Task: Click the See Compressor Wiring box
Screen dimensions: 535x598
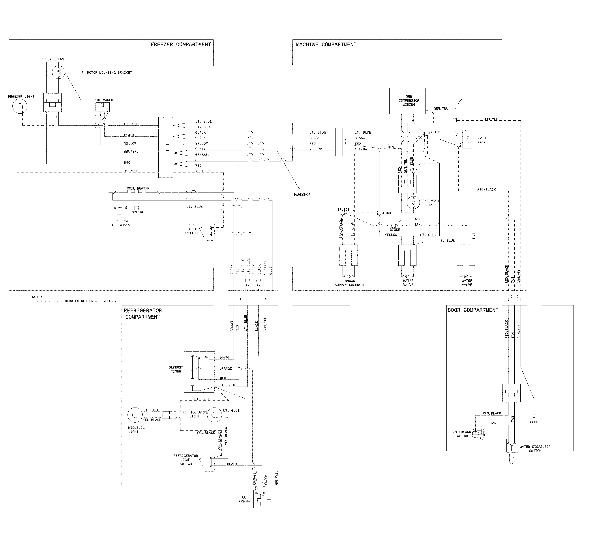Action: (x=407, y=101)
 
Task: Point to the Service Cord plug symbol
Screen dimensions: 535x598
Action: (x=467, y=139)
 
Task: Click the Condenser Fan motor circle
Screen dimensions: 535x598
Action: (x=413, y=202)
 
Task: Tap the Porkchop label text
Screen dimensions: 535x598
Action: (x=302, y=195)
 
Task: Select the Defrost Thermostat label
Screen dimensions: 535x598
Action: (x=121, y=223)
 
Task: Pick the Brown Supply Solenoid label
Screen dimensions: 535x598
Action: (x=350, y=283)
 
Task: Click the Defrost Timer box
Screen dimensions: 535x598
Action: (x=199, y=372)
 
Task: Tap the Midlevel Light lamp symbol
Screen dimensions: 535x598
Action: (x=135, y=415)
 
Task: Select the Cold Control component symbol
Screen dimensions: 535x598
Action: (x=260, y=498)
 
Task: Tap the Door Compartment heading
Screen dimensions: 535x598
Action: (x=473, y=310)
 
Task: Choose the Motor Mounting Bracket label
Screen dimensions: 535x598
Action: (x=109, y=73)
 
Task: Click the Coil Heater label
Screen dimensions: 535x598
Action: (x=138, y=188)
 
